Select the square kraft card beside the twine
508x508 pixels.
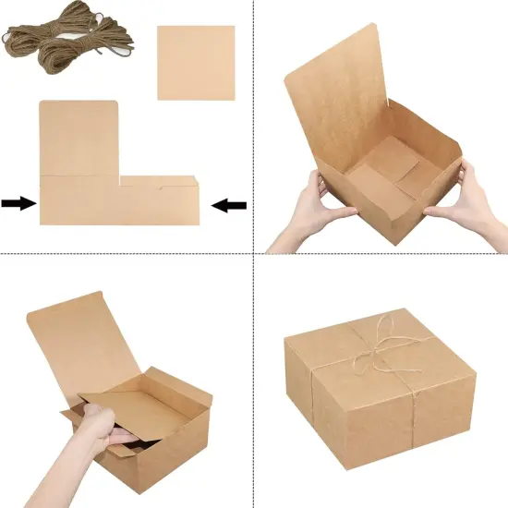pos(196,62)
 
